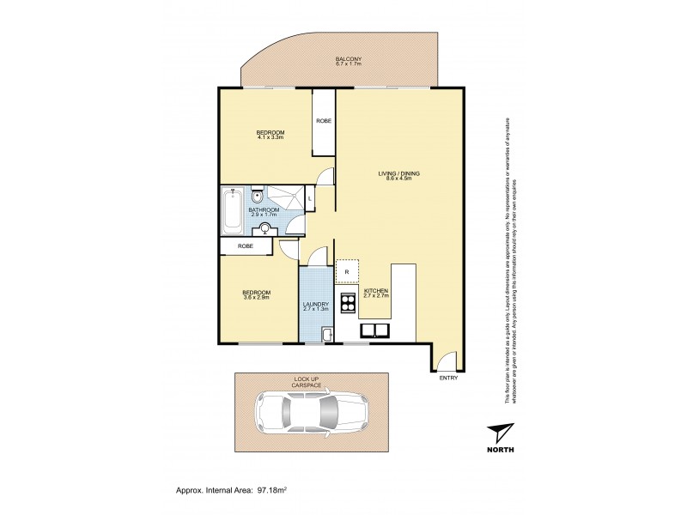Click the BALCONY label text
pyautogui.click(x=348, y=58)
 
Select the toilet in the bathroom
pyautogui.click(x=257, y=196)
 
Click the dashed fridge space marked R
pyautogui.click(x=346, y=271)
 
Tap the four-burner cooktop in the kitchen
pyautogui.click(x=348, y=302)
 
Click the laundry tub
pyautogui.click(x=326, y=335)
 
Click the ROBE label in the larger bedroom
pyautogui.click(x=324, y=121)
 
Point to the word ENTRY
pyautogui.click(x=448, y=379)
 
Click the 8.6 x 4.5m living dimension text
pyautogui.click(x=399, y=179)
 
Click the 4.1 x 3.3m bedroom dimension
pyautogui.click(x=271, y=137)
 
